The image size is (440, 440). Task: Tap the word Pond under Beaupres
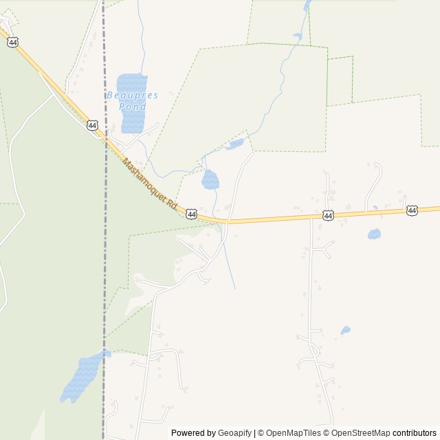tap(132, 107)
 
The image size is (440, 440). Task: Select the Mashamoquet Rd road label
tap(150, 184)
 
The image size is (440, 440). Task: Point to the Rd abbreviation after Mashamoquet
tap(172, 206)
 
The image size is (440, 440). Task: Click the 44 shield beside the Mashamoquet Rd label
tap(191, 214)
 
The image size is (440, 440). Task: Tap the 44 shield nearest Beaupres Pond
tap(93, 125)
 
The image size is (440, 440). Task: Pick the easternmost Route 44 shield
tap(412, 210)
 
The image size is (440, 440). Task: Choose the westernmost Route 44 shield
tap(13, 43)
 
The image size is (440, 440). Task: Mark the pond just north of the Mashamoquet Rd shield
tap(210, 181)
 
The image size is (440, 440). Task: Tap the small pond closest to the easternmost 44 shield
tap(374, 234)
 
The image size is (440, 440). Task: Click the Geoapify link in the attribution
tap(235, 433)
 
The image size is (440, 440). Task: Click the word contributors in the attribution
tap(415, 433)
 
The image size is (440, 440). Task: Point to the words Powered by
tap(193, 433)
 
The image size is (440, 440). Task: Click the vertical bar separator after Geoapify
tap(254, 433)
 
